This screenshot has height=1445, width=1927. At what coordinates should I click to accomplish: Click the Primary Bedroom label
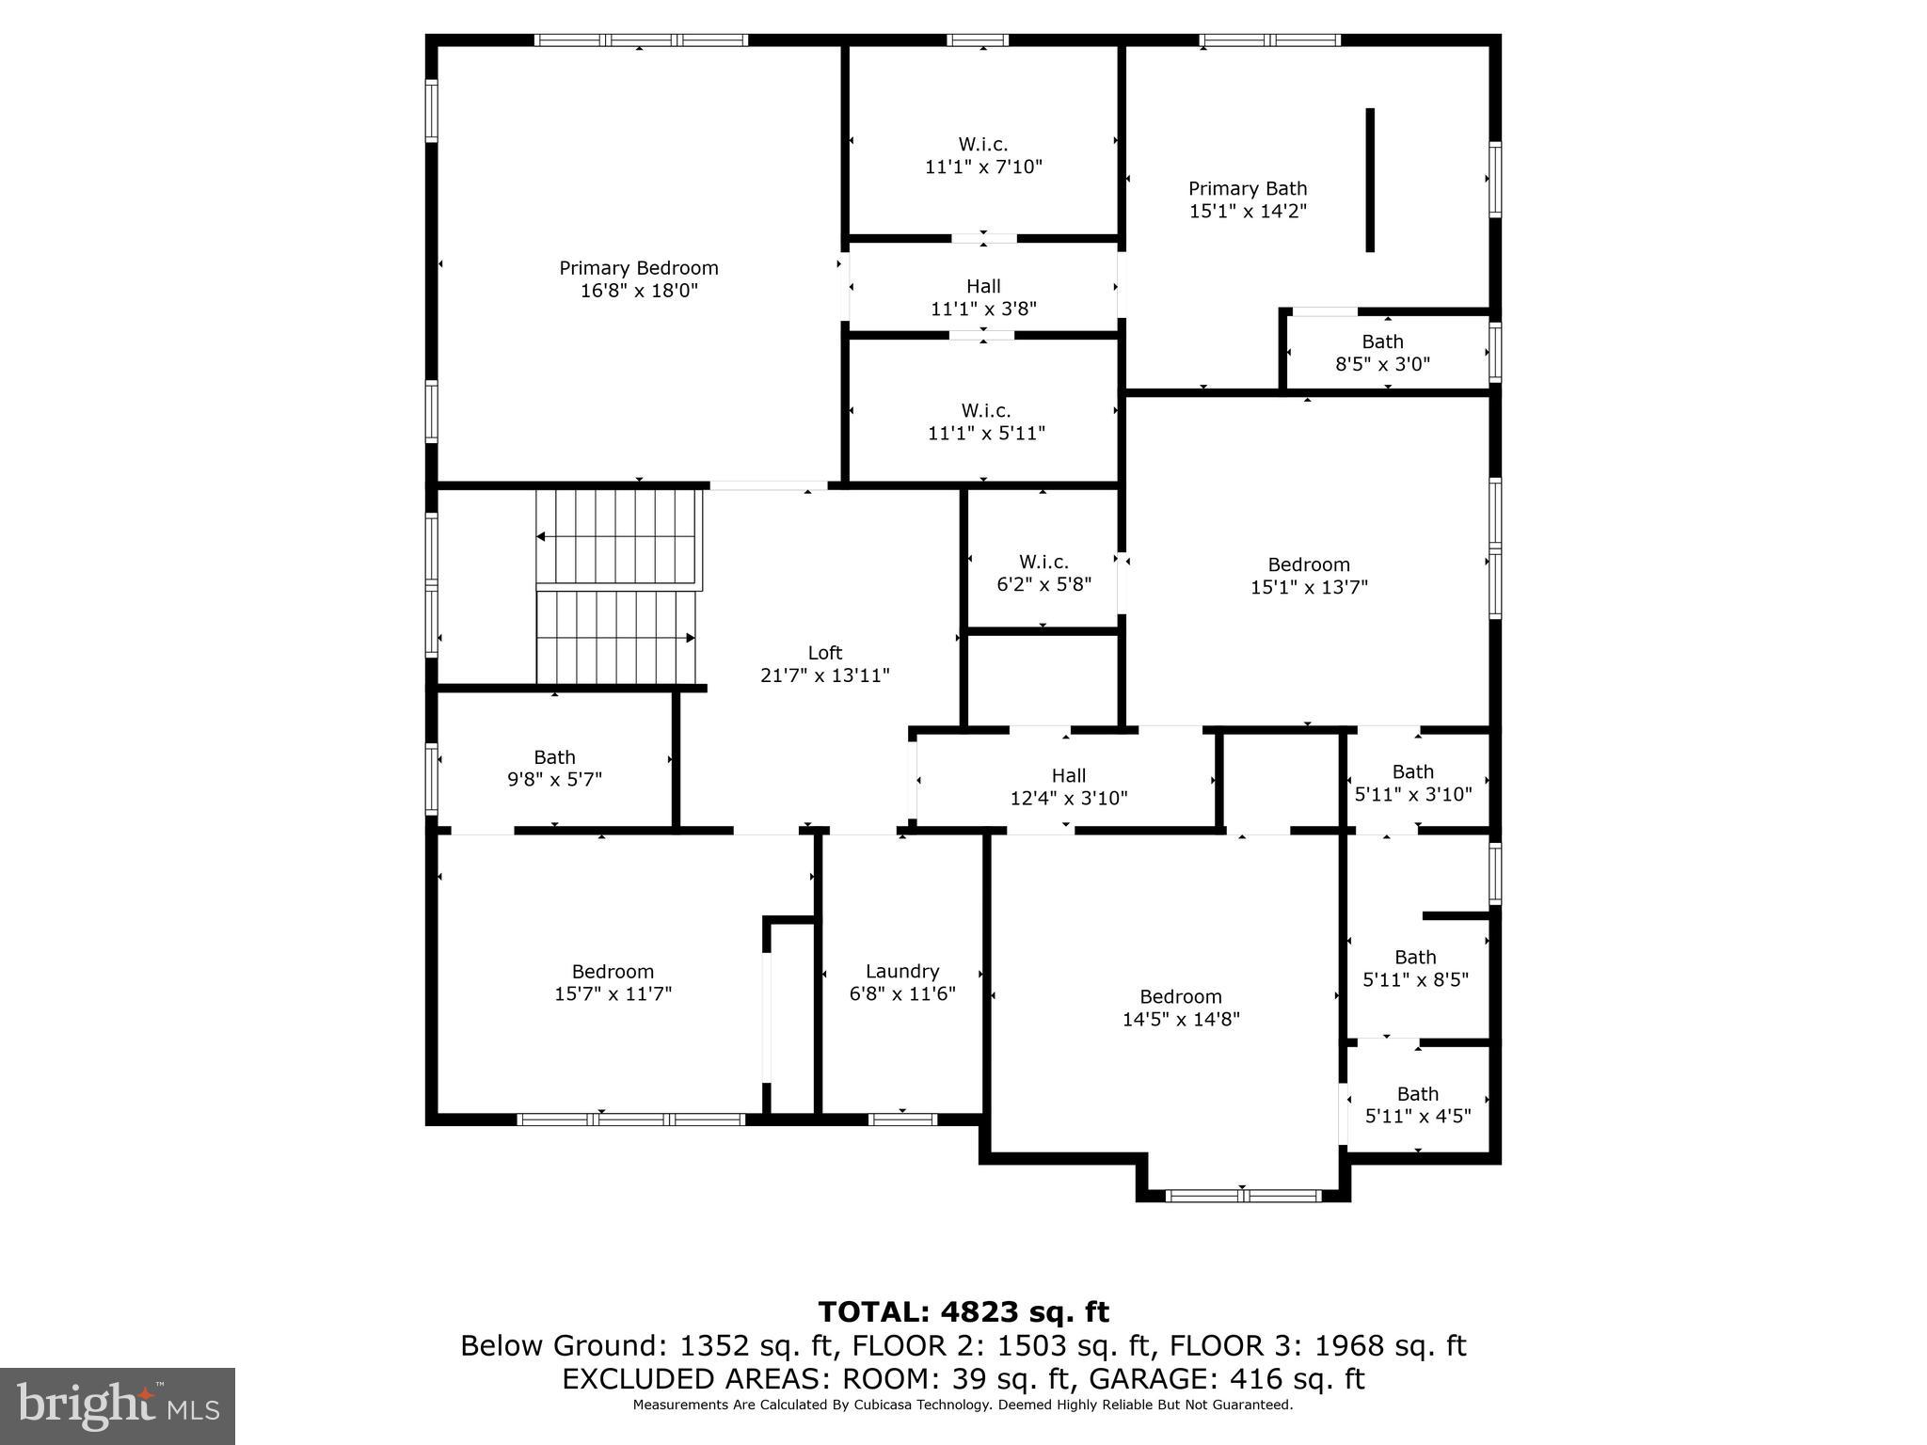tap(639, 269)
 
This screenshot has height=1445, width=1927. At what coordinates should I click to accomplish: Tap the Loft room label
tap(825, 653)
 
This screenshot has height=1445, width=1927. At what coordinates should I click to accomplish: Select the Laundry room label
tap(902, 972)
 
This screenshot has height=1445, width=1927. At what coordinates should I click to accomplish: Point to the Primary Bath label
tap(1248, 189)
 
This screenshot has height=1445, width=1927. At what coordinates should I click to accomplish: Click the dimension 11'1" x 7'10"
tap(984, 167)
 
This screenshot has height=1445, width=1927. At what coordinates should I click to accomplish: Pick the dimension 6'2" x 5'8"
tap(1044, 584)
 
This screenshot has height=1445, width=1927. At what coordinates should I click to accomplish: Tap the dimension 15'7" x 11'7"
tap(613, 994)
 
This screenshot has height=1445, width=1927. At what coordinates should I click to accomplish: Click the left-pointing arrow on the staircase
tap(542, 537)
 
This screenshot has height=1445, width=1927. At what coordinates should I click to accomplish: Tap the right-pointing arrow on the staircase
tap(690, 638)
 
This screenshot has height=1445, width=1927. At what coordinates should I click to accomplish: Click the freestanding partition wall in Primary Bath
tap(1370, 180)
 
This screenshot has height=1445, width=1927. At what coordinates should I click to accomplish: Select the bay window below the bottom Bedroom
tap(1243, 1196)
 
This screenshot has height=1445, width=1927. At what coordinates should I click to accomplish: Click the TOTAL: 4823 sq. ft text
tap(963, 1311)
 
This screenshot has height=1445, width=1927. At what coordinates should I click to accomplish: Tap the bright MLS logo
tap(118, 1406)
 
